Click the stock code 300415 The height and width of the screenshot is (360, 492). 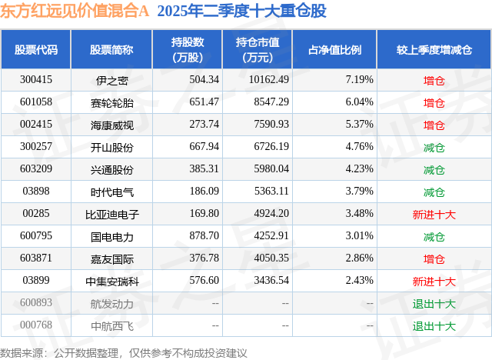click(x=36, y=79)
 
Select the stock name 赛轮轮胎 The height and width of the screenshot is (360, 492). click(x=111, y=102)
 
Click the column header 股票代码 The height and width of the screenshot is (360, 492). click(x=36, y=50)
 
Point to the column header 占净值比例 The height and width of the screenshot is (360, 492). click(x=334, y=50)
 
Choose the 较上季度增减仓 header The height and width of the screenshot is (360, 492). click(x=434, y=50)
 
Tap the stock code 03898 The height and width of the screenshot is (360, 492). click(x=36, y=192)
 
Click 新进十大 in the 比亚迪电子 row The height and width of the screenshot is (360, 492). click(x=434, y=214)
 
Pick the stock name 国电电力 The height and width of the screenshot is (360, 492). click(x=111, y=236)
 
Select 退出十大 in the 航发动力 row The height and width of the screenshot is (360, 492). click(x=434, y=303)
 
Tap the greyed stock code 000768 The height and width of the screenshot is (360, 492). click(x=36, y=325)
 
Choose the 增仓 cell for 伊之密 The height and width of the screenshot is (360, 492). click(x=434, y=80)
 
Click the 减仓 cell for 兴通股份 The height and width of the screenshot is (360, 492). click(x=434, y=169)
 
